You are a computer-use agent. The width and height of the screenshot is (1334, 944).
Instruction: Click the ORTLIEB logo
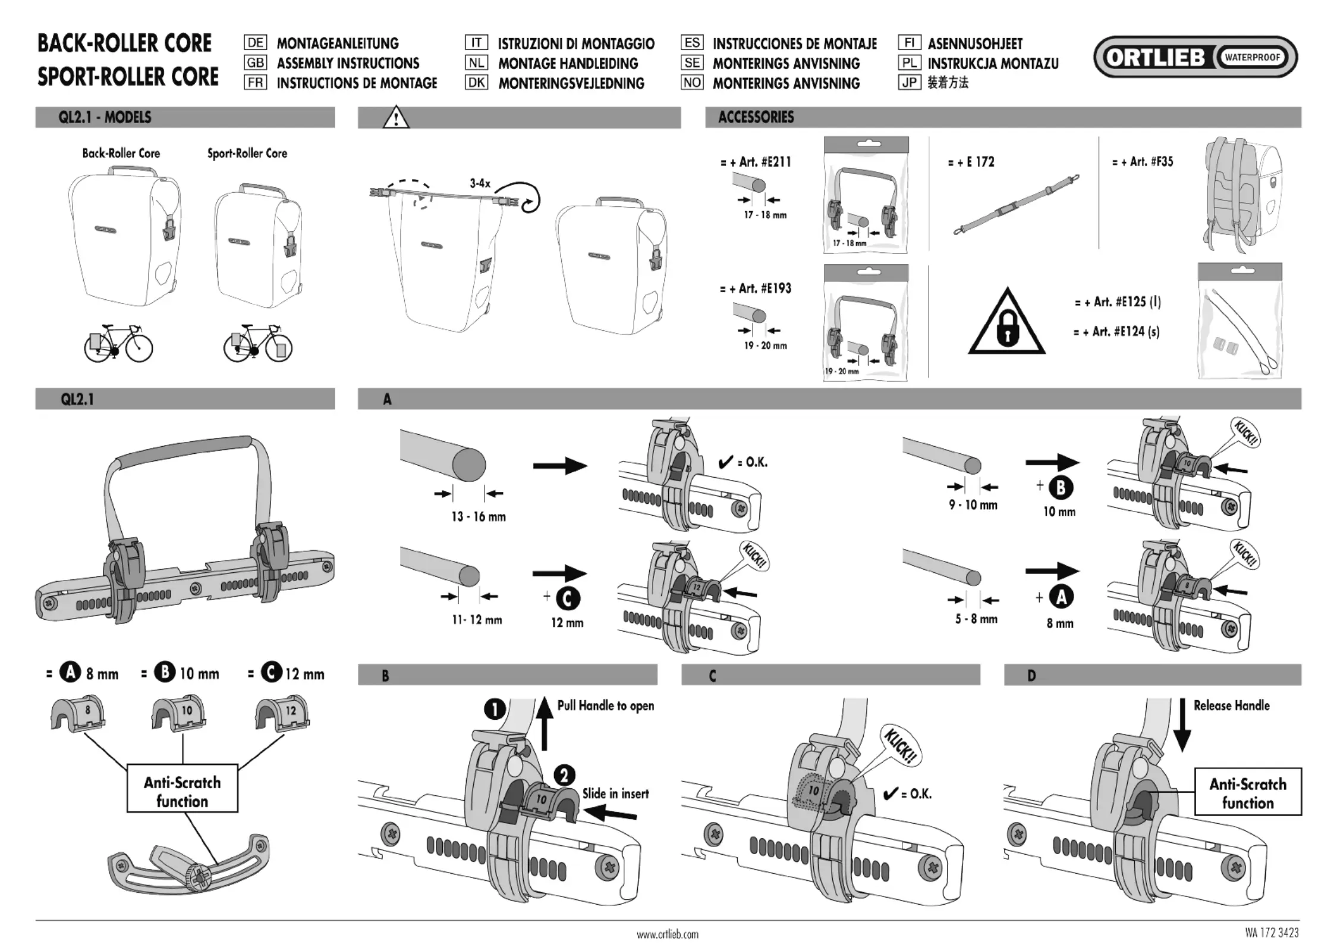pos(1195,57)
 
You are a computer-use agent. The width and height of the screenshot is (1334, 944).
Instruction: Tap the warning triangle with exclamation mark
pos(396,117)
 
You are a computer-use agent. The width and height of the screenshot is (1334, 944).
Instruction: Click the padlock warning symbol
pos(1006,321)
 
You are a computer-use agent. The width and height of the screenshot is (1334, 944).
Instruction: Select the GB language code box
pos(255,62)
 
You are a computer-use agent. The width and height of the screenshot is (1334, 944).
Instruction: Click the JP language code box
pos(909,82)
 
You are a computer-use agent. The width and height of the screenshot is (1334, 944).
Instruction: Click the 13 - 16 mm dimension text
pos(479,516)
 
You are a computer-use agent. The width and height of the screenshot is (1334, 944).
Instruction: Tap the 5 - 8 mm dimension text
pos(976,619)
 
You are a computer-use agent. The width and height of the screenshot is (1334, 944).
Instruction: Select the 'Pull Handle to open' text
pos(605,705)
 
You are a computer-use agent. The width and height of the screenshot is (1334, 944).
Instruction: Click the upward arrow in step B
pos(545,725)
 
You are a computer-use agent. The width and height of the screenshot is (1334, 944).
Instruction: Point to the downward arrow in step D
pos(1182,725)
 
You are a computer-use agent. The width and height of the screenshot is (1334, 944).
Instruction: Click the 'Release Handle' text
pos(1232,705)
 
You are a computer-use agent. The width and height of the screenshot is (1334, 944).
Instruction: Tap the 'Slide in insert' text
pos(615,793)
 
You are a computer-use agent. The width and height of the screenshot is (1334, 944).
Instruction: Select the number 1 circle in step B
pos(495,709)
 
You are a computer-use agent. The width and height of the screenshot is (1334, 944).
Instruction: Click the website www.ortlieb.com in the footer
pos(668,934)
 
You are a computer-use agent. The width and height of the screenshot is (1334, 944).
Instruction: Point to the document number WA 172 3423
pos(1272,933)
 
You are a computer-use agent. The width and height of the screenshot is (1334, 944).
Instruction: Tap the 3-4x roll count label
pos(480,183)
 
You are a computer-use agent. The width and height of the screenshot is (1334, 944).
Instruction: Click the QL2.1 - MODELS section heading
pos(105,117)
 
